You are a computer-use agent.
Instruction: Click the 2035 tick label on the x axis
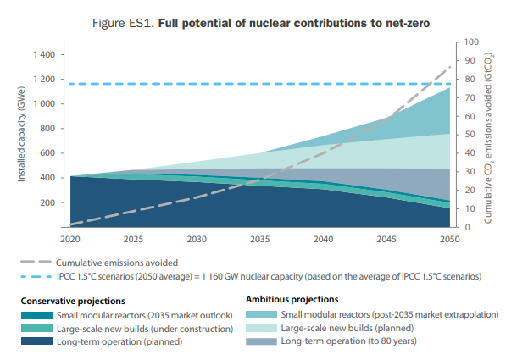point(260,239)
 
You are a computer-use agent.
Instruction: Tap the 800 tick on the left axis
point(48,129)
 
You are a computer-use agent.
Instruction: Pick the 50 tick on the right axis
point(470,135)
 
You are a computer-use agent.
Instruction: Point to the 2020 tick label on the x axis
point(69,239)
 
